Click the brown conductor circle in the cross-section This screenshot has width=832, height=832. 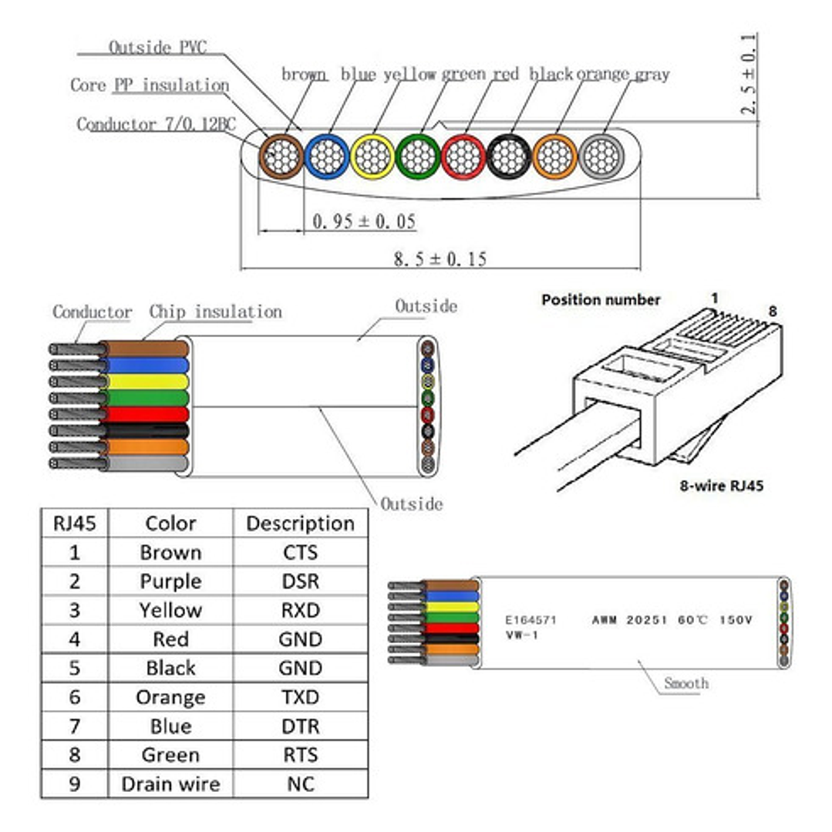pyautogui.click(x=281, y=157)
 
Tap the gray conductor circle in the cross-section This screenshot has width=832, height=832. pyautogui.click(x=601, y=157)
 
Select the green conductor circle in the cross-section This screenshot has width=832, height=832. pyautogui.click(x=418, y=157)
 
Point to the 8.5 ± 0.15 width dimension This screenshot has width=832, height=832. pyautogui.click(x=440, y=259)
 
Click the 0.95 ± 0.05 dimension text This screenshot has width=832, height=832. pyautogui.click(x=364, y=221)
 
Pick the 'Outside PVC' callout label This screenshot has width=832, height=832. pyautogui.click(x=157, y=47)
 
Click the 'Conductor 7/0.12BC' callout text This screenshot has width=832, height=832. pyautogui.click(x=156, y=124)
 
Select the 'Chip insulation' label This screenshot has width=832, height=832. pyautogui.click(x=215, y=312)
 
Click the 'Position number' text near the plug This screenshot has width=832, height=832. pyautogui.click(x=601, y=300)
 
